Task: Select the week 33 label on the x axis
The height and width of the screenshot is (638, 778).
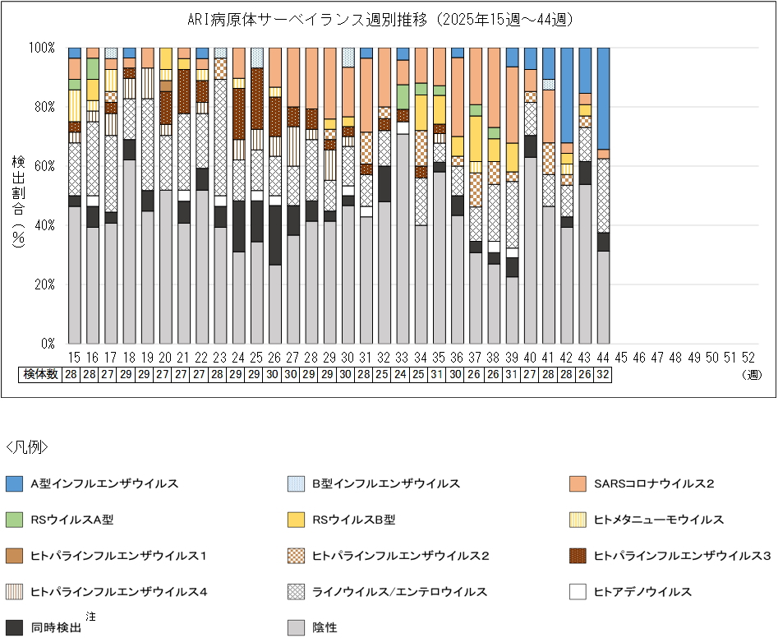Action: coord(402,358)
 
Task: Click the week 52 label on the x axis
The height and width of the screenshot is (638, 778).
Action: coord(748,358)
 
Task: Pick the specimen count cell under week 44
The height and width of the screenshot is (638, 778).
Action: coord(603,375)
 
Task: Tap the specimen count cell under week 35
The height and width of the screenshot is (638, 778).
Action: coord(439,375)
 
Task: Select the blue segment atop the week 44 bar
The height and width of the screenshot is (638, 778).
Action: coord(603,99)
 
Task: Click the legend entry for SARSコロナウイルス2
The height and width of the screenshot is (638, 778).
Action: coord(653,484)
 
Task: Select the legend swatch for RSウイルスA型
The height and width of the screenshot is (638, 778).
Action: coord(14,520)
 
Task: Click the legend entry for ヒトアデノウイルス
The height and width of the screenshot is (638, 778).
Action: coord(642,592)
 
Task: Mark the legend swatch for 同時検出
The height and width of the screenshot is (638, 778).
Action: coord(14,627)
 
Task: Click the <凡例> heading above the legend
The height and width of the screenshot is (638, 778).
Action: coord(26,447)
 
